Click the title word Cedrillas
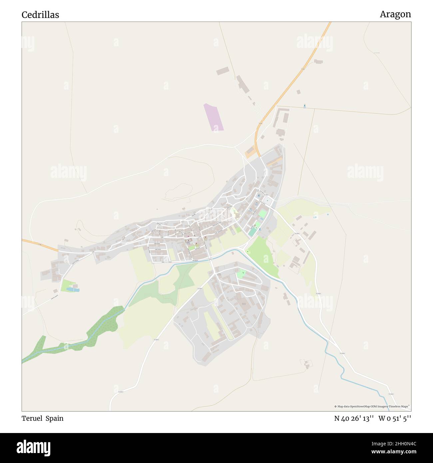(40, 15)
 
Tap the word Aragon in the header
(395, 14)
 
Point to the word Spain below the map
(55, 418)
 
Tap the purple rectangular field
(214, 117)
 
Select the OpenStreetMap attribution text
(372, 406)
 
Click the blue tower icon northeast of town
(304, 106)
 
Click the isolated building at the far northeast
(318, 62)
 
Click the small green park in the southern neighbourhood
(241, 274)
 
